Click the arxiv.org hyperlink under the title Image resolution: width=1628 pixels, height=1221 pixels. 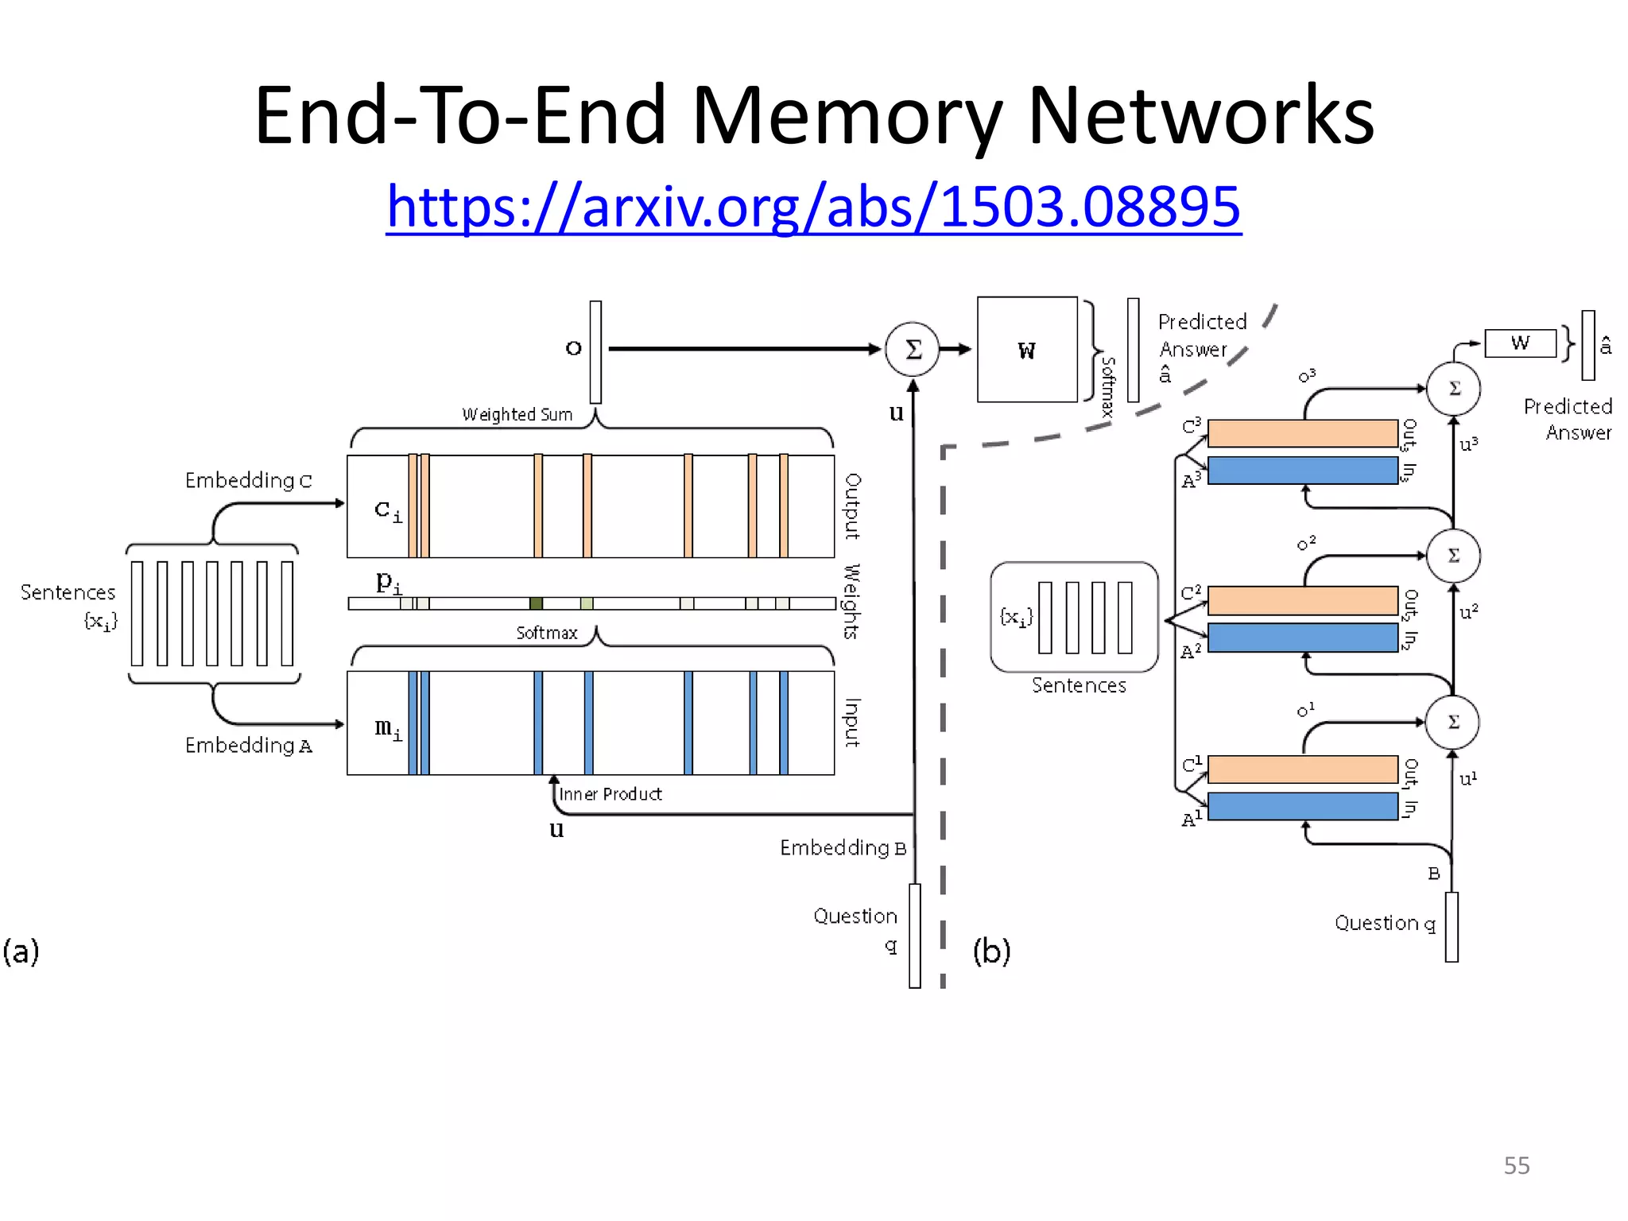tap(813, 207)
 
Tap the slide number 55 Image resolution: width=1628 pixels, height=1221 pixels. tap(1516, 1165)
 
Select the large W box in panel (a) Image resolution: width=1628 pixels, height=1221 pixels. tap(1027, 350)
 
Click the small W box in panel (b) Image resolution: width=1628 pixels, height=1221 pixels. tap(1520, 343)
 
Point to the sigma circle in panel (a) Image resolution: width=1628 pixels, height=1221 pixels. tap(913, 349)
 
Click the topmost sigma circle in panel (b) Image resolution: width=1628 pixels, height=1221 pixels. tap(1453, 389)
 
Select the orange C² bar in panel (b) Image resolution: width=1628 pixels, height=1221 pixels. tap(1302, 601)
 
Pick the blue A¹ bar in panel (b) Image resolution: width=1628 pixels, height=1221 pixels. tap(1302, 806)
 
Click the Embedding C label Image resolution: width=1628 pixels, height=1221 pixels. tap(248, 480)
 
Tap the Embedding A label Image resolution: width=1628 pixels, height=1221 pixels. tap(248, 746)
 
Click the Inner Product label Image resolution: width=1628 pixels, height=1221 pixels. tap(610, 794)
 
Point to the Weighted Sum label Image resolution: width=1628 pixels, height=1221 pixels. tap(517, 414)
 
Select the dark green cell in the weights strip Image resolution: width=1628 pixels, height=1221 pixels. tap(536, 603)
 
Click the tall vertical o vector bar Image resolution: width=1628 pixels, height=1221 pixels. tap(595, 351)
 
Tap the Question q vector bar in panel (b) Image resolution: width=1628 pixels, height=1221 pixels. tap(1452, 927)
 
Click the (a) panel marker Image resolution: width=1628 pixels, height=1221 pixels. tap(21, 951)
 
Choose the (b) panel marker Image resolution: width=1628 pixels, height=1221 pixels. tap(991, 951)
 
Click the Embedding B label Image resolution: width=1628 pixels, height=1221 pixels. tap(843, 848)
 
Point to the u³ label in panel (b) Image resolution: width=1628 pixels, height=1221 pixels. tap(1468, 444)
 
